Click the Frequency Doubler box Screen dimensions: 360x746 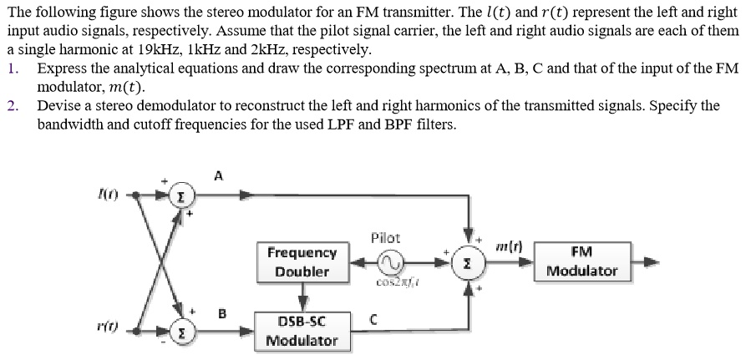(x=302, y=261)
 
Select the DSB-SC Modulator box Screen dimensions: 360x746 (x=302, y=330)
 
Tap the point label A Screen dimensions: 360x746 (x=219, y=175)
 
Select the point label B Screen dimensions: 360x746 (x=222, y=314)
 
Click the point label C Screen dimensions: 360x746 (x=375, y=318)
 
